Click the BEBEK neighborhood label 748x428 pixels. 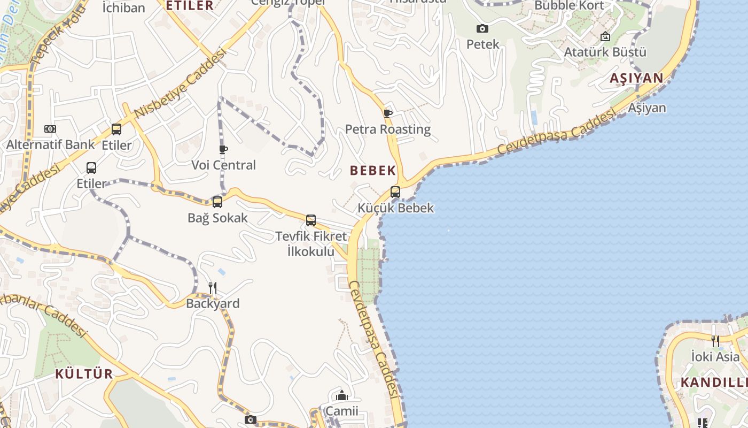pyautogui.click(x=373, y=171)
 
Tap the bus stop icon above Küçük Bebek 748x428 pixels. pyautogui.click(x=395, y=192)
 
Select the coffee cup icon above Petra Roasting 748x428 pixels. pyautogui.click(x=387, y=113)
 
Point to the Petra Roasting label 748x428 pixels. pyautogui.click(x=387, y=129)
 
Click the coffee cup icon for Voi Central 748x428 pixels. pyautogui.click(x=223, y=149)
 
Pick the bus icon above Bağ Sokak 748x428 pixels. pyautogui.click(x=217, y=202)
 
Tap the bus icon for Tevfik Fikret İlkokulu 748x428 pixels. pyautogui.click(x=311, y=220)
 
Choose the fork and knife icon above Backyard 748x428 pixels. pyautogui.click(x=213, y=288)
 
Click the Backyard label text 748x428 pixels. pyautogui.click(x=213, y=304)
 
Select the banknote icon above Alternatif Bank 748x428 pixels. pyautogui.click(x=50, y=129)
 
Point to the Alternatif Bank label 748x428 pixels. pyautogui.click(x=50, y=144)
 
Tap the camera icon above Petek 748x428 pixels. pyautogui.click(x=482, y=28)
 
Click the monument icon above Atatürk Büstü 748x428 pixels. pyautogui.click(x=605, y=36)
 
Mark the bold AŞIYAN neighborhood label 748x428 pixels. pyautogui.click(x=636, y=79)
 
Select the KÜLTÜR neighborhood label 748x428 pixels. pyautogui.click(x=84, y=374)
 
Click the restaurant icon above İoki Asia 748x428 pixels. pyautogui.click(x=715, y=340)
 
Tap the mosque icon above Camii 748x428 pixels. pyautogui.click(x=342, y=396)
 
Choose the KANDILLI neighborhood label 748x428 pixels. pyautogui.click(x=713, y=383)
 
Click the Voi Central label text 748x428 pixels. pyautogui.click(x=223, y=165)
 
